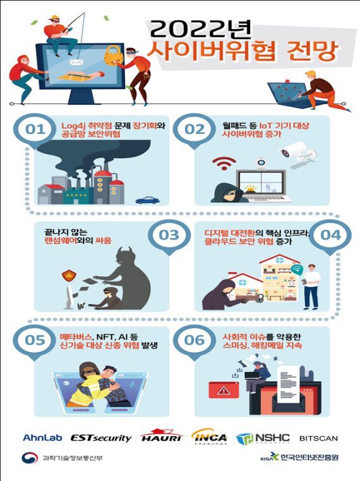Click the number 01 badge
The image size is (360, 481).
(36, 129)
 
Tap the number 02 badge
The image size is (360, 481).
(194, 129)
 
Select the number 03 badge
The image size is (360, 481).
(169, 235)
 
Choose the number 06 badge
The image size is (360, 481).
(194, 339)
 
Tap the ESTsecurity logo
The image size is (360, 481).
(101, 437)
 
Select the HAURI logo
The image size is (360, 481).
(160, 436)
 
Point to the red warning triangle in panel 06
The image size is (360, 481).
(223, 391)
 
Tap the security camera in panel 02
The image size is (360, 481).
(297, 152)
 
